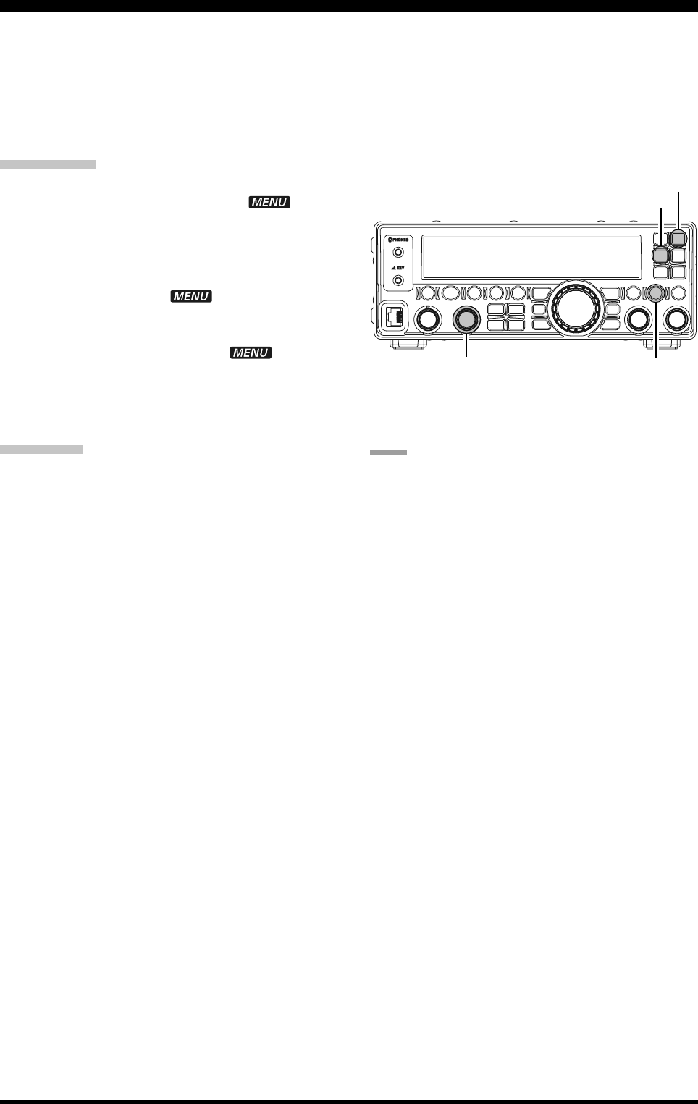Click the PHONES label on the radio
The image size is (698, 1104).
coord(398,240)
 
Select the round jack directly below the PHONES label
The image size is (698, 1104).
coord(398,253)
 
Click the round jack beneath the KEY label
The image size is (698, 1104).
coord(398,279)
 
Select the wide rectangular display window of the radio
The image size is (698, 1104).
coord(531,257)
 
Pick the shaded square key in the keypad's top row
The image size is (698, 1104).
coord(678,238)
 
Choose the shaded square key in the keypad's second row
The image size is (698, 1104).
coord(661,255)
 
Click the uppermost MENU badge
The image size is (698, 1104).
coord(269,203)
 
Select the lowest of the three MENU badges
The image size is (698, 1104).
coord(251,353)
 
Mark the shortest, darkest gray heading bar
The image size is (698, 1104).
coord(388,452)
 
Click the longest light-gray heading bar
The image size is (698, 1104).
coord(48,164)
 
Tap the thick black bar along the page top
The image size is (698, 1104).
coord(349,6)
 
